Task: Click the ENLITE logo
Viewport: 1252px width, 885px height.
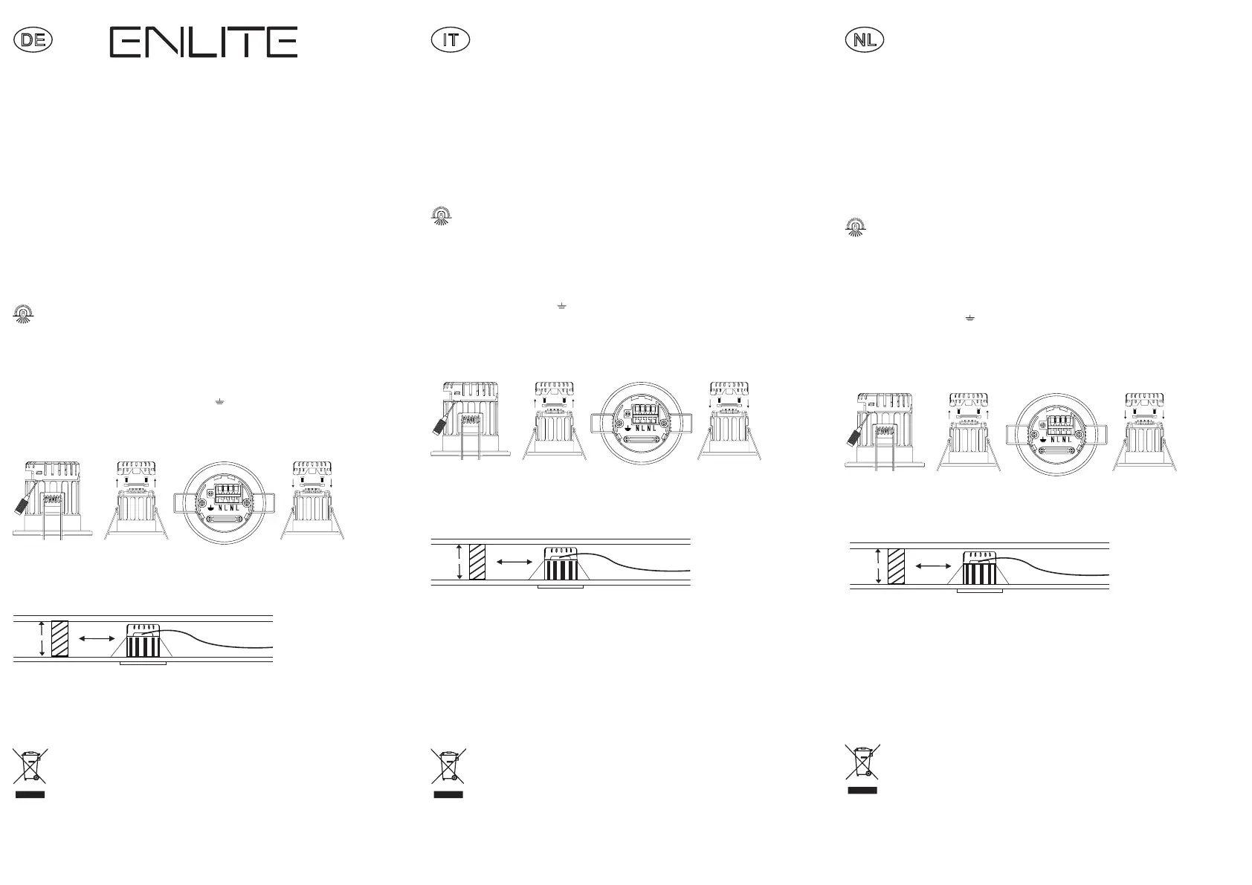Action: click(204, 42)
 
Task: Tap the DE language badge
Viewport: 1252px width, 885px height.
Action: click(33, 40)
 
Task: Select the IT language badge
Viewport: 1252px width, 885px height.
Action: click(451, 40)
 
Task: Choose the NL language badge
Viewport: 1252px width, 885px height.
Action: click(865, 40)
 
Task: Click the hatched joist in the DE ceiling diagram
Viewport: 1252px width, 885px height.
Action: click(59, 638)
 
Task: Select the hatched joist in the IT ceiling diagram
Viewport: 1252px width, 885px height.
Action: click(477, 562)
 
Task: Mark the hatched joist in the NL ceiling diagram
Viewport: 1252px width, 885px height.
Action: click(896, 566)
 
